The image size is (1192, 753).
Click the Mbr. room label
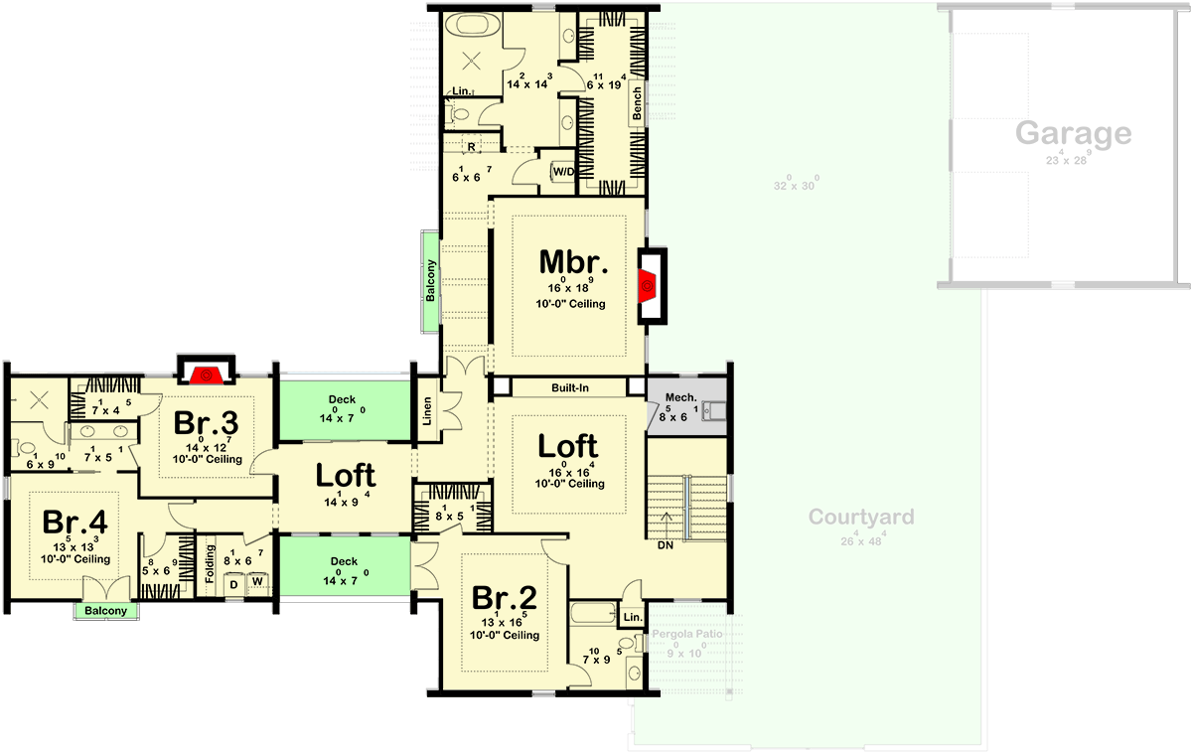point(573,262)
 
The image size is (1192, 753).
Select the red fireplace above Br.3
point(206,375)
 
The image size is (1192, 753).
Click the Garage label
point(1073,133)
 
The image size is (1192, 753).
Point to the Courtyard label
point(860,518)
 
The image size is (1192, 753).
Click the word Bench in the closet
point(637,103)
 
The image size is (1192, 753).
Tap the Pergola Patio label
point(686,634)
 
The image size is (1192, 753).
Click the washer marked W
point(257,581)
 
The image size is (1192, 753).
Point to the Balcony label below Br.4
point(105,611)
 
